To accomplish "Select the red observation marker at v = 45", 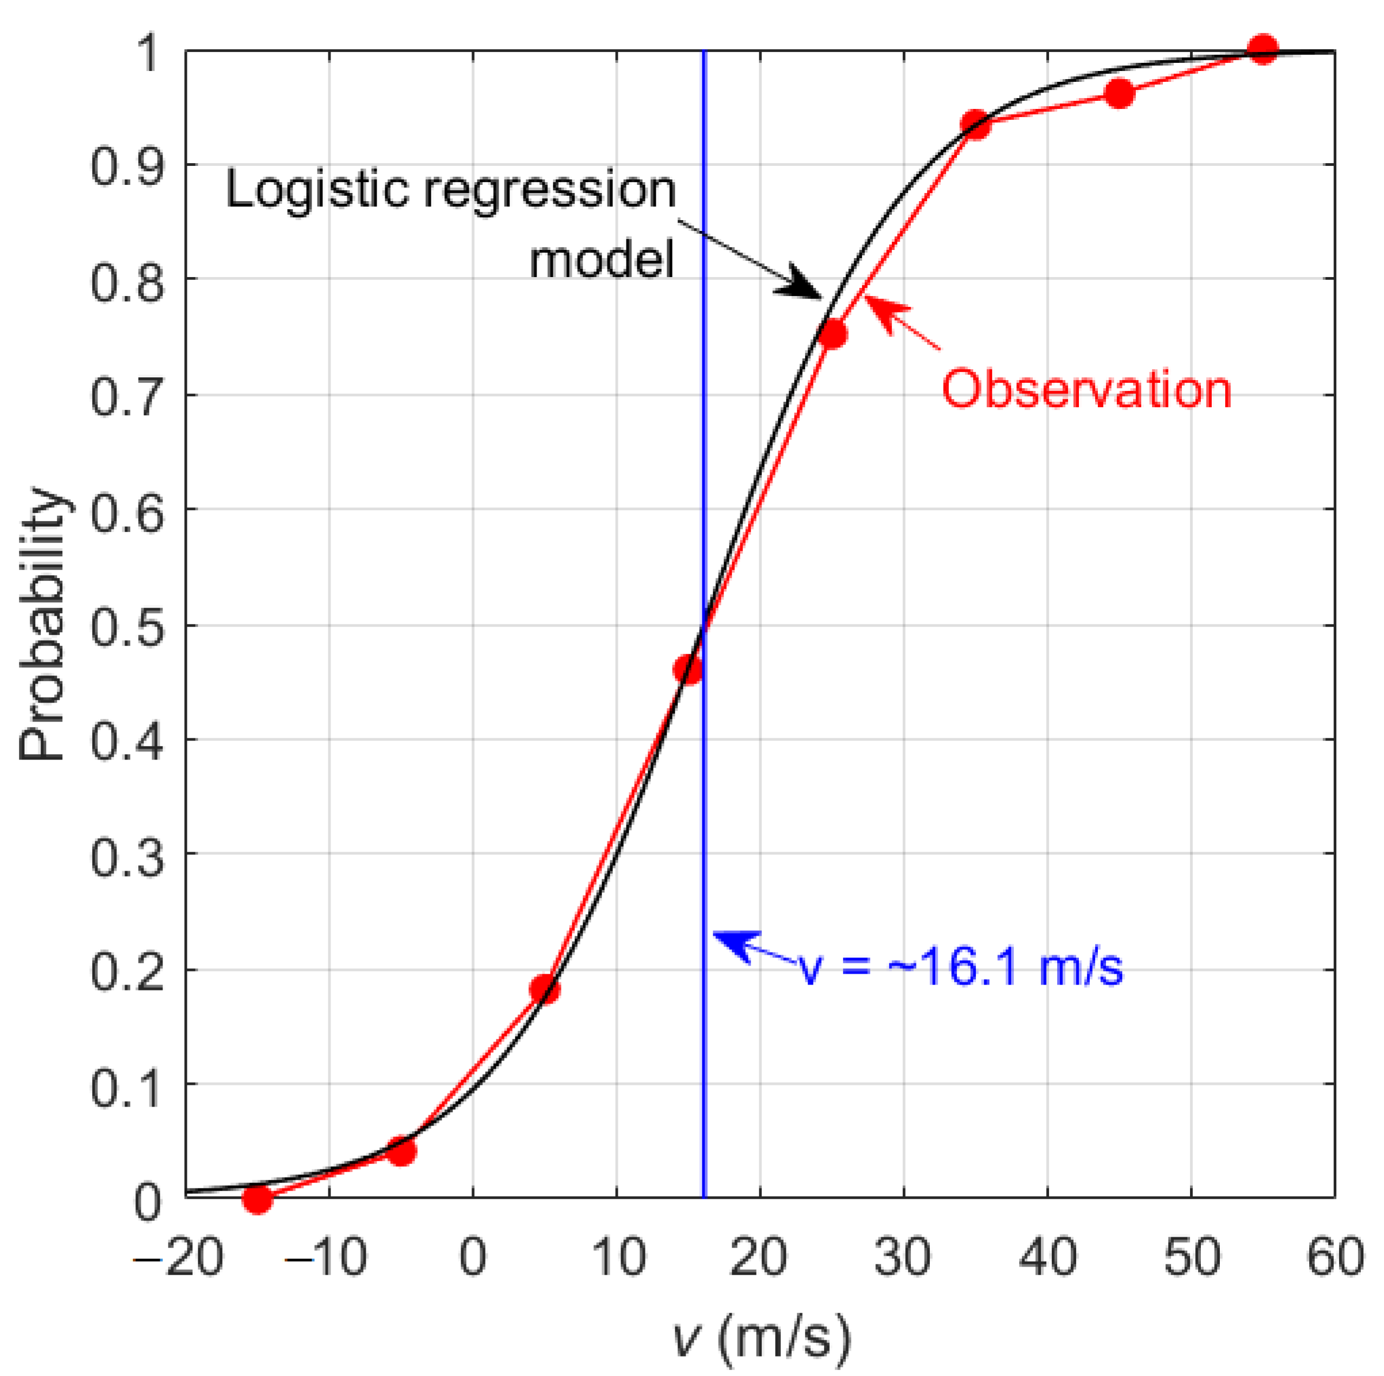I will coord(1119,94).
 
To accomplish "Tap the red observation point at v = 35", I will coord(975,125).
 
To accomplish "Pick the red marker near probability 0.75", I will coord(832,334).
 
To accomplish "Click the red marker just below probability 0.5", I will coord(688,670).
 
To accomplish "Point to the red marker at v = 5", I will coord(545,990).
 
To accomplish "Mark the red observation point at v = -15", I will coord(257,1198).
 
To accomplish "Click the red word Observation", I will coord(1086,390).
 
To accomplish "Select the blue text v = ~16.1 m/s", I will coord(960,968).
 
